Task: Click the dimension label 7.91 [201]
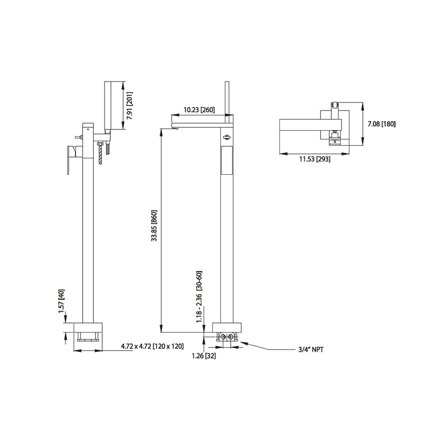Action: [130, 106]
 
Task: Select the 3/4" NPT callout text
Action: [311, 349]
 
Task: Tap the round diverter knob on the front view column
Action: [226, 137]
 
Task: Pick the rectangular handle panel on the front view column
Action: [226, 161]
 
